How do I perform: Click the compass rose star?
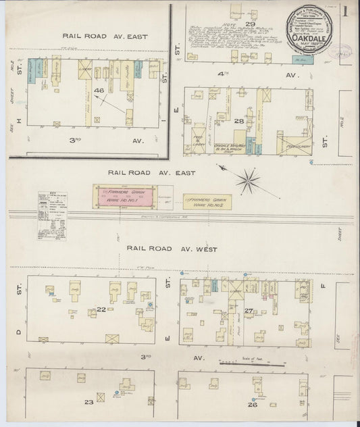[248, 180]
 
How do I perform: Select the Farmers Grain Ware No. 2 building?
[207, 201]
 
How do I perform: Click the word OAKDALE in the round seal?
[309, 39]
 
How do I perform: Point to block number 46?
[99, 90]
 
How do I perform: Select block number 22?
[101, 309]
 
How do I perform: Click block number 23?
[88, 403]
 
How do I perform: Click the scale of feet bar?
[247, 364]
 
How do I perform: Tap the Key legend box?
[53, 215]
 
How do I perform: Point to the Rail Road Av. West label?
[172, 249]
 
